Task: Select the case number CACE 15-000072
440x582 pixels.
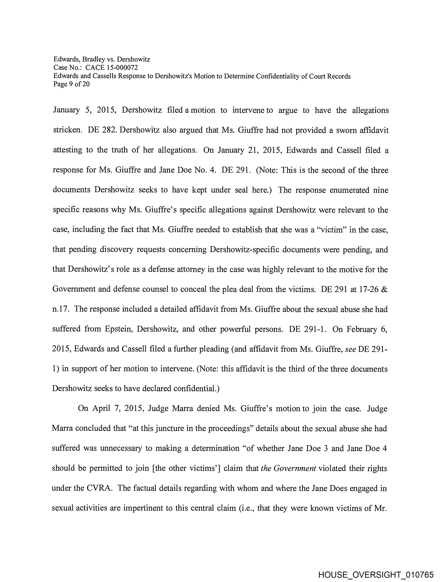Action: click(x=111, y=68)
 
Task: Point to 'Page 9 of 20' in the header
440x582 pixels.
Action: click(x=71, y=84)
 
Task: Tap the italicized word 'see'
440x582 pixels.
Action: click(x=351, y=349)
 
